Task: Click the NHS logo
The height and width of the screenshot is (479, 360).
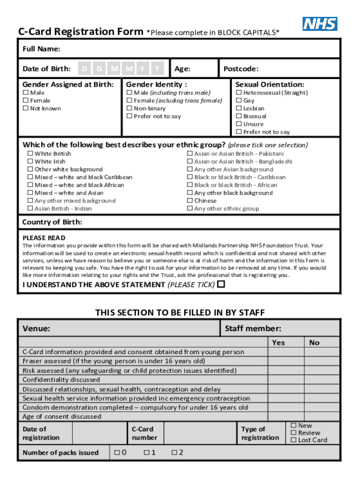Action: (320, 23)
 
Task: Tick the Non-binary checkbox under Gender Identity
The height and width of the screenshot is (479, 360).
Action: (130, 109)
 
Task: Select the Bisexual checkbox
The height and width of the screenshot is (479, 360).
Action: (239, 116)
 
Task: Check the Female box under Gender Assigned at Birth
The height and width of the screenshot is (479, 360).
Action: (26, 101)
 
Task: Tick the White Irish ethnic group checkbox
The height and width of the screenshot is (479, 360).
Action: (30, 162)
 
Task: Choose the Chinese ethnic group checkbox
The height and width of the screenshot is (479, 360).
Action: (190, 201)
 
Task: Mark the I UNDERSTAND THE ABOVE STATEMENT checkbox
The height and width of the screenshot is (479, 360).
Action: (221, 284)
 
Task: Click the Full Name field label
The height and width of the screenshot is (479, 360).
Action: (41, 49)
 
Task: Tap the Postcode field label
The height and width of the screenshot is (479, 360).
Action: (241, 69)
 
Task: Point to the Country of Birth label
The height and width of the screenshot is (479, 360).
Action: (52, 222)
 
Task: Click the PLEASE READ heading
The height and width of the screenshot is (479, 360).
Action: (44, 238)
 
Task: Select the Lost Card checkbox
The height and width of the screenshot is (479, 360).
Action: (294, 440)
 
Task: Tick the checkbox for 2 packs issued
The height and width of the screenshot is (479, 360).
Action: (174, 452)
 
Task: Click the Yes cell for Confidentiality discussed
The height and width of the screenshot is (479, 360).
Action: (286, 380)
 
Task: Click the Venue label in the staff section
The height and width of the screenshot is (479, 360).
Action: (36, 329)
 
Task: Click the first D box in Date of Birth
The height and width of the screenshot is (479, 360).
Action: (84, 69)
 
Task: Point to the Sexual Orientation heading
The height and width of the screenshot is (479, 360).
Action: (269, 85)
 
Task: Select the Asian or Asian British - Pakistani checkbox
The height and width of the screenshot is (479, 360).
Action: (190, 153)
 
